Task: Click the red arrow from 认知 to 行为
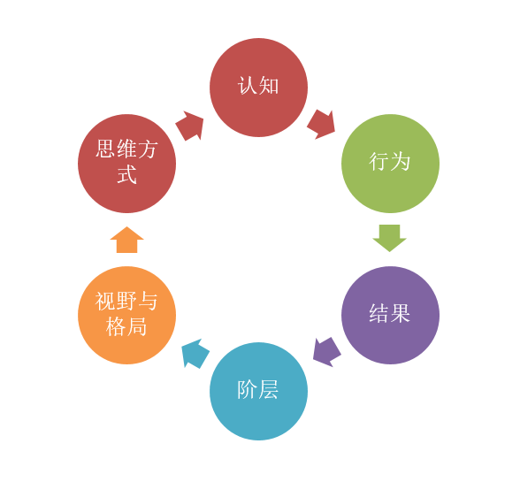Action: (x=321, y=125)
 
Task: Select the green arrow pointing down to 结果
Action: (x=390, y=238)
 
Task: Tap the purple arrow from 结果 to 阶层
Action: (x=326, y=352)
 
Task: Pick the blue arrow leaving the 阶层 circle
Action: (x=195, y=353)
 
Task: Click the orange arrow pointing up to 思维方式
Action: (x=126, y=240)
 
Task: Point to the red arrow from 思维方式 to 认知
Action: (x=189, y=126)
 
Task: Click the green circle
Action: (x=390, y=164)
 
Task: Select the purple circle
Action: (x=390, y=315)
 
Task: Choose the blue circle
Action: (x=258, y=392)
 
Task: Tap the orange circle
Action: (x=126, y=315)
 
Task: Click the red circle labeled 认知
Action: (x=258, y=88)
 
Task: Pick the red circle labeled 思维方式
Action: (x=126, y=164)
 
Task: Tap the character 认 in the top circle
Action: (x=248, y=86)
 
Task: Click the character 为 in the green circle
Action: (x=401, y=162)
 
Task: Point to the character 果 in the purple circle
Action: (x=401, y=313)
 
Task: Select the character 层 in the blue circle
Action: (x=269, y=389)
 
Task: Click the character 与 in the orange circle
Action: (x=148, y=301)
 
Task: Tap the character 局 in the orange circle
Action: (x=136, y=326)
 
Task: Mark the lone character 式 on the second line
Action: (x=126, y=174)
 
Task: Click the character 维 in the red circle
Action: (x=126, y=149)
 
